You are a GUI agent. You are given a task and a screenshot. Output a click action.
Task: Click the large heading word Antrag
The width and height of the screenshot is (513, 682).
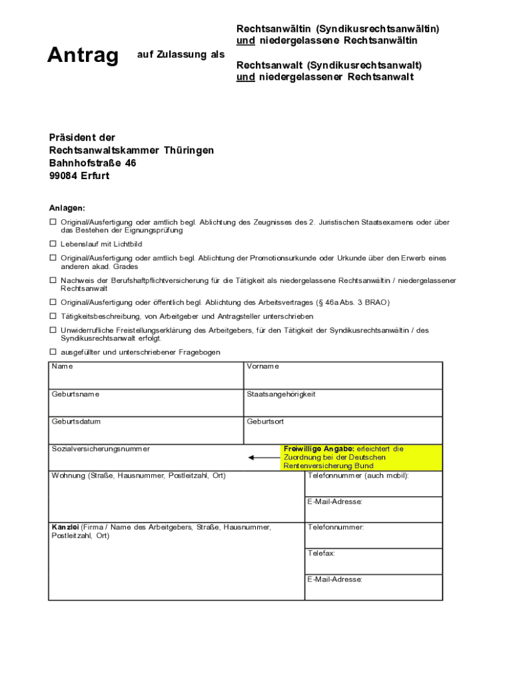click(x=83, y=56)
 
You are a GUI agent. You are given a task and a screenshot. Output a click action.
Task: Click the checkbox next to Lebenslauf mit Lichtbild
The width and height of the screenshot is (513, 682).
click(x=53, y=244)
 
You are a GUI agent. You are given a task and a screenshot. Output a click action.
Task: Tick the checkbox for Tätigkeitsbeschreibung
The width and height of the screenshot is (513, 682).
click(x=53, y=316)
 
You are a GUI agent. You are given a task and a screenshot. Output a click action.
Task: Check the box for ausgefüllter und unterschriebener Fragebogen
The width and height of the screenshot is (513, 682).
click(x=53, y=352)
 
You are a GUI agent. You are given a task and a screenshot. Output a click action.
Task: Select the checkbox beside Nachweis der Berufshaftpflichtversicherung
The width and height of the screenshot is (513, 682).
click(x=53, y=280)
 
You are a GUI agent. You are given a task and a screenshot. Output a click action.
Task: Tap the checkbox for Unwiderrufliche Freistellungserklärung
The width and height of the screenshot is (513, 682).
click(x=53, y=330)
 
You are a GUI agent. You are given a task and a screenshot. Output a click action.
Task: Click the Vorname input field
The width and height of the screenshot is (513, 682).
click(x=342, y=379)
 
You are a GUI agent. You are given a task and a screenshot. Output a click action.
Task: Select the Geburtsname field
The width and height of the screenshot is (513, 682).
click(x=146, y=406)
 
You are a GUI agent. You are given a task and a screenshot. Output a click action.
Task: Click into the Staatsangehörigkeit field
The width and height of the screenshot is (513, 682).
click(x=342, y=406)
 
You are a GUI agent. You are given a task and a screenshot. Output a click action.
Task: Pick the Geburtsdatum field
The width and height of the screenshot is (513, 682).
click(x=146, y=434)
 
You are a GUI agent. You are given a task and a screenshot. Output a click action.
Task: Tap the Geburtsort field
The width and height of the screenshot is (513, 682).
click(x=342, y=434)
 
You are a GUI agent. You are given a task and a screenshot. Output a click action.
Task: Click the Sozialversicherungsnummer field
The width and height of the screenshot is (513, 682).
click(x=146, y=460)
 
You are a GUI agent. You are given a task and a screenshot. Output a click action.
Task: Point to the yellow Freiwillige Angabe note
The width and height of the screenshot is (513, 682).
click(x=362, y=458)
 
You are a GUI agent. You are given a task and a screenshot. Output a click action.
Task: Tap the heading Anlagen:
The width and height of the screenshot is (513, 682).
click(x=67, y=208)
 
